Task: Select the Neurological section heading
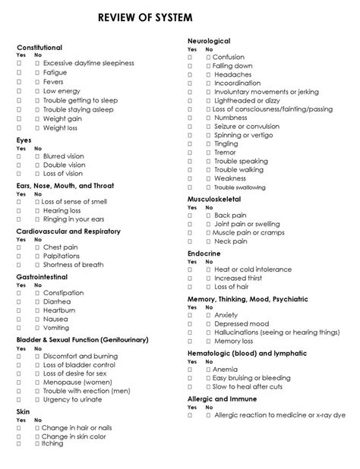coord(209,40)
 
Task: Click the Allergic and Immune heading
coord(222,398)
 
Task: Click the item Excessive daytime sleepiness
coord(88,63)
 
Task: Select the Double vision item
coord(65,165)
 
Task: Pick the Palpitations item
coord(62,257)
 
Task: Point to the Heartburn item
coord(59,311)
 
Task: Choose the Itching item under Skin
coord(53,443)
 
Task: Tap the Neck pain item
coord(231,241)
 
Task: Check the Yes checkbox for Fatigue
coord(20,73)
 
